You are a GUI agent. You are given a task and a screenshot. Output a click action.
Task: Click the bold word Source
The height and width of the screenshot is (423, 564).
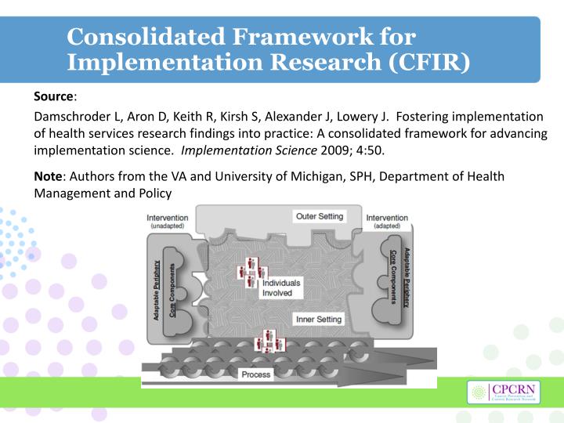coord(53,96)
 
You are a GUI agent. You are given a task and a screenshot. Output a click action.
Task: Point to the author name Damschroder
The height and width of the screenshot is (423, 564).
coord(75,117)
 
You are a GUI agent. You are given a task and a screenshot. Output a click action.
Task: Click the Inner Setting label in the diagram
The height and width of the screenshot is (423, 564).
coord(318,320)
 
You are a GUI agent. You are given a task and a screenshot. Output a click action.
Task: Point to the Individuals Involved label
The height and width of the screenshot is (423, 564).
coord(277,287)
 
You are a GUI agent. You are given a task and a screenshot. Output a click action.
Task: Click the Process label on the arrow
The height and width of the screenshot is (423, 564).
coord(256,374)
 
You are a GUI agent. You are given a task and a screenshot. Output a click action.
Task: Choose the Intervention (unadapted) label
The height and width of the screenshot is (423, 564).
coord(168,222)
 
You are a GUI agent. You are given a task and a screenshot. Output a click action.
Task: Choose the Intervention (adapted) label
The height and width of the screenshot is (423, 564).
coord(387,222)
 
